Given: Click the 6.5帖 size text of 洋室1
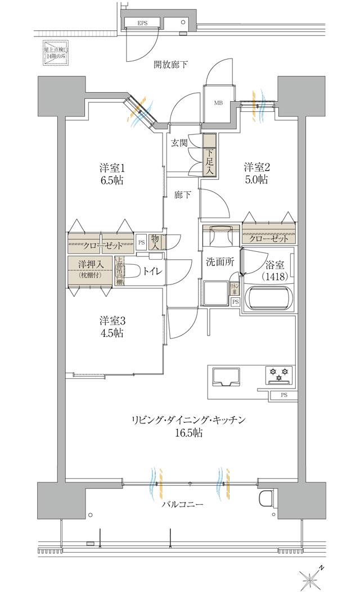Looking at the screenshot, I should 112,180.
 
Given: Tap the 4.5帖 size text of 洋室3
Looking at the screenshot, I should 112,333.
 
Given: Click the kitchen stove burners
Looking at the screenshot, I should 280,372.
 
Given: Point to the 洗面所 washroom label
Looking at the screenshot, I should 215,261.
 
